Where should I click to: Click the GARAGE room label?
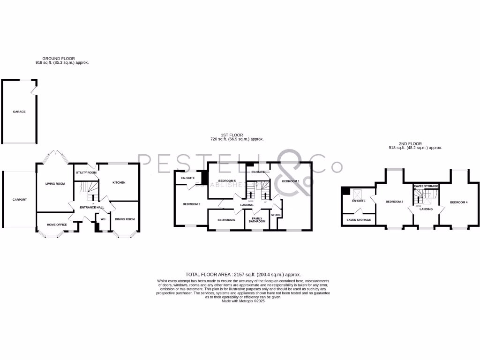19,112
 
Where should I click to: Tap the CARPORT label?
20,200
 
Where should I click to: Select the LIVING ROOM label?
55,183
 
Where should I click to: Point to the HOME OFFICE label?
57,225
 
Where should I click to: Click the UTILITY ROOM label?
86,172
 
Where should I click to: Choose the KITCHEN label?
119,182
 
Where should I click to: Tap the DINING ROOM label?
125,219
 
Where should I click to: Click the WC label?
103,218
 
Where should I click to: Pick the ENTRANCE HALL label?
88,207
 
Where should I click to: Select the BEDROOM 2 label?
191,204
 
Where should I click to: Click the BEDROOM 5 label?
227,181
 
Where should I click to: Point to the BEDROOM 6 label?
226,220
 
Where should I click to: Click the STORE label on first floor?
276,215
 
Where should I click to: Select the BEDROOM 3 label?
394,202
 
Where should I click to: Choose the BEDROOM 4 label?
458,202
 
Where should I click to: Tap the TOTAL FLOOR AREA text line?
243,274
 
